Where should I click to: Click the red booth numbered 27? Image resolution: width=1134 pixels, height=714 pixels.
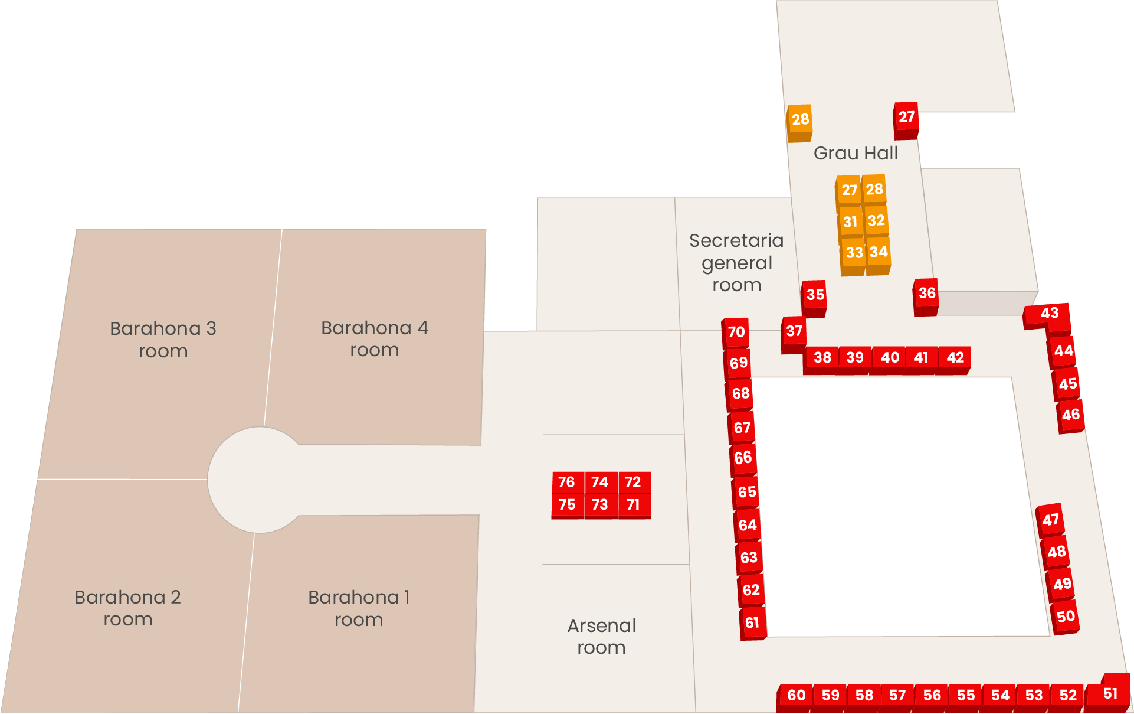(x=906, y=117)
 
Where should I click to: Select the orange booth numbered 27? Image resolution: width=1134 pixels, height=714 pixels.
(x=849, y=190)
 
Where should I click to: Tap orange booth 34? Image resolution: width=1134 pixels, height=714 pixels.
(x=879, y=252)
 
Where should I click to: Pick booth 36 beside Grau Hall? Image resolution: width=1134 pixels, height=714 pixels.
(x=926, y=293)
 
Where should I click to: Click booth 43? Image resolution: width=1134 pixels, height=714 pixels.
(x=1049, y=313)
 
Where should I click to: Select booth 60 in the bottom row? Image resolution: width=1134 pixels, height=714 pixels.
(x=797, y=695)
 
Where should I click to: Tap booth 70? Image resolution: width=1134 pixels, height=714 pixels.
(x=736, y=332)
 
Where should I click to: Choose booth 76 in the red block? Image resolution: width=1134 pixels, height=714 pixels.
(x=566, y=482)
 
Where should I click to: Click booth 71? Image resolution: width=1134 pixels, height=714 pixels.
(x=633, y=505)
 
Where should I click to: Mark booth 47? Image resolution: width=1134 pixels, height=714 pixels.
(x=1050, y=520)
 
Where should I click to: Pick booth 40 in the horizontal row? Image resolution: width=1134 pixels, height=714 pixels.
(x=889, y=357)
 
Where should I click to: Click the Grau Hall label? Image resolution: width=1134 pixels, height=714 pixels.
(x=856, y=154)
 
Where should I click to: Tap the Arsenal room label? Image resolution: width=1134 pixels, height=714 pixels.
(x=601, y=637)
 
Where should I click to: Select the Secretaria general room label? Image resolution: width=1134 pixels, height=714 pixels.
(x=736, y=263)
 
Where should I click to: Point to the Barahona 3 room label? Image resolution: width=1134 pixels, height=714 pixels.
(x=163, y=340)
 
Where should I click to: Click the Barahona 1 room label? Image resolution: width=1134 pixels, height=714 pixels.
(x=359, y=608)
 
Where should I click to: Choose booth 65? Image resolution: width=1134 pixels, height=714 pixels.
(x=746, y=491)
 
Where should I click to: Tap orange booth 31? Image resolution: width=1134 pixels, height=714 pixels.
(x=850, y=222)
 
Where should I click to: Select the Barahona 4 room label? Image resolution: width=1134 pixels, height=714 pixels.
(x=375, y=339)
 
